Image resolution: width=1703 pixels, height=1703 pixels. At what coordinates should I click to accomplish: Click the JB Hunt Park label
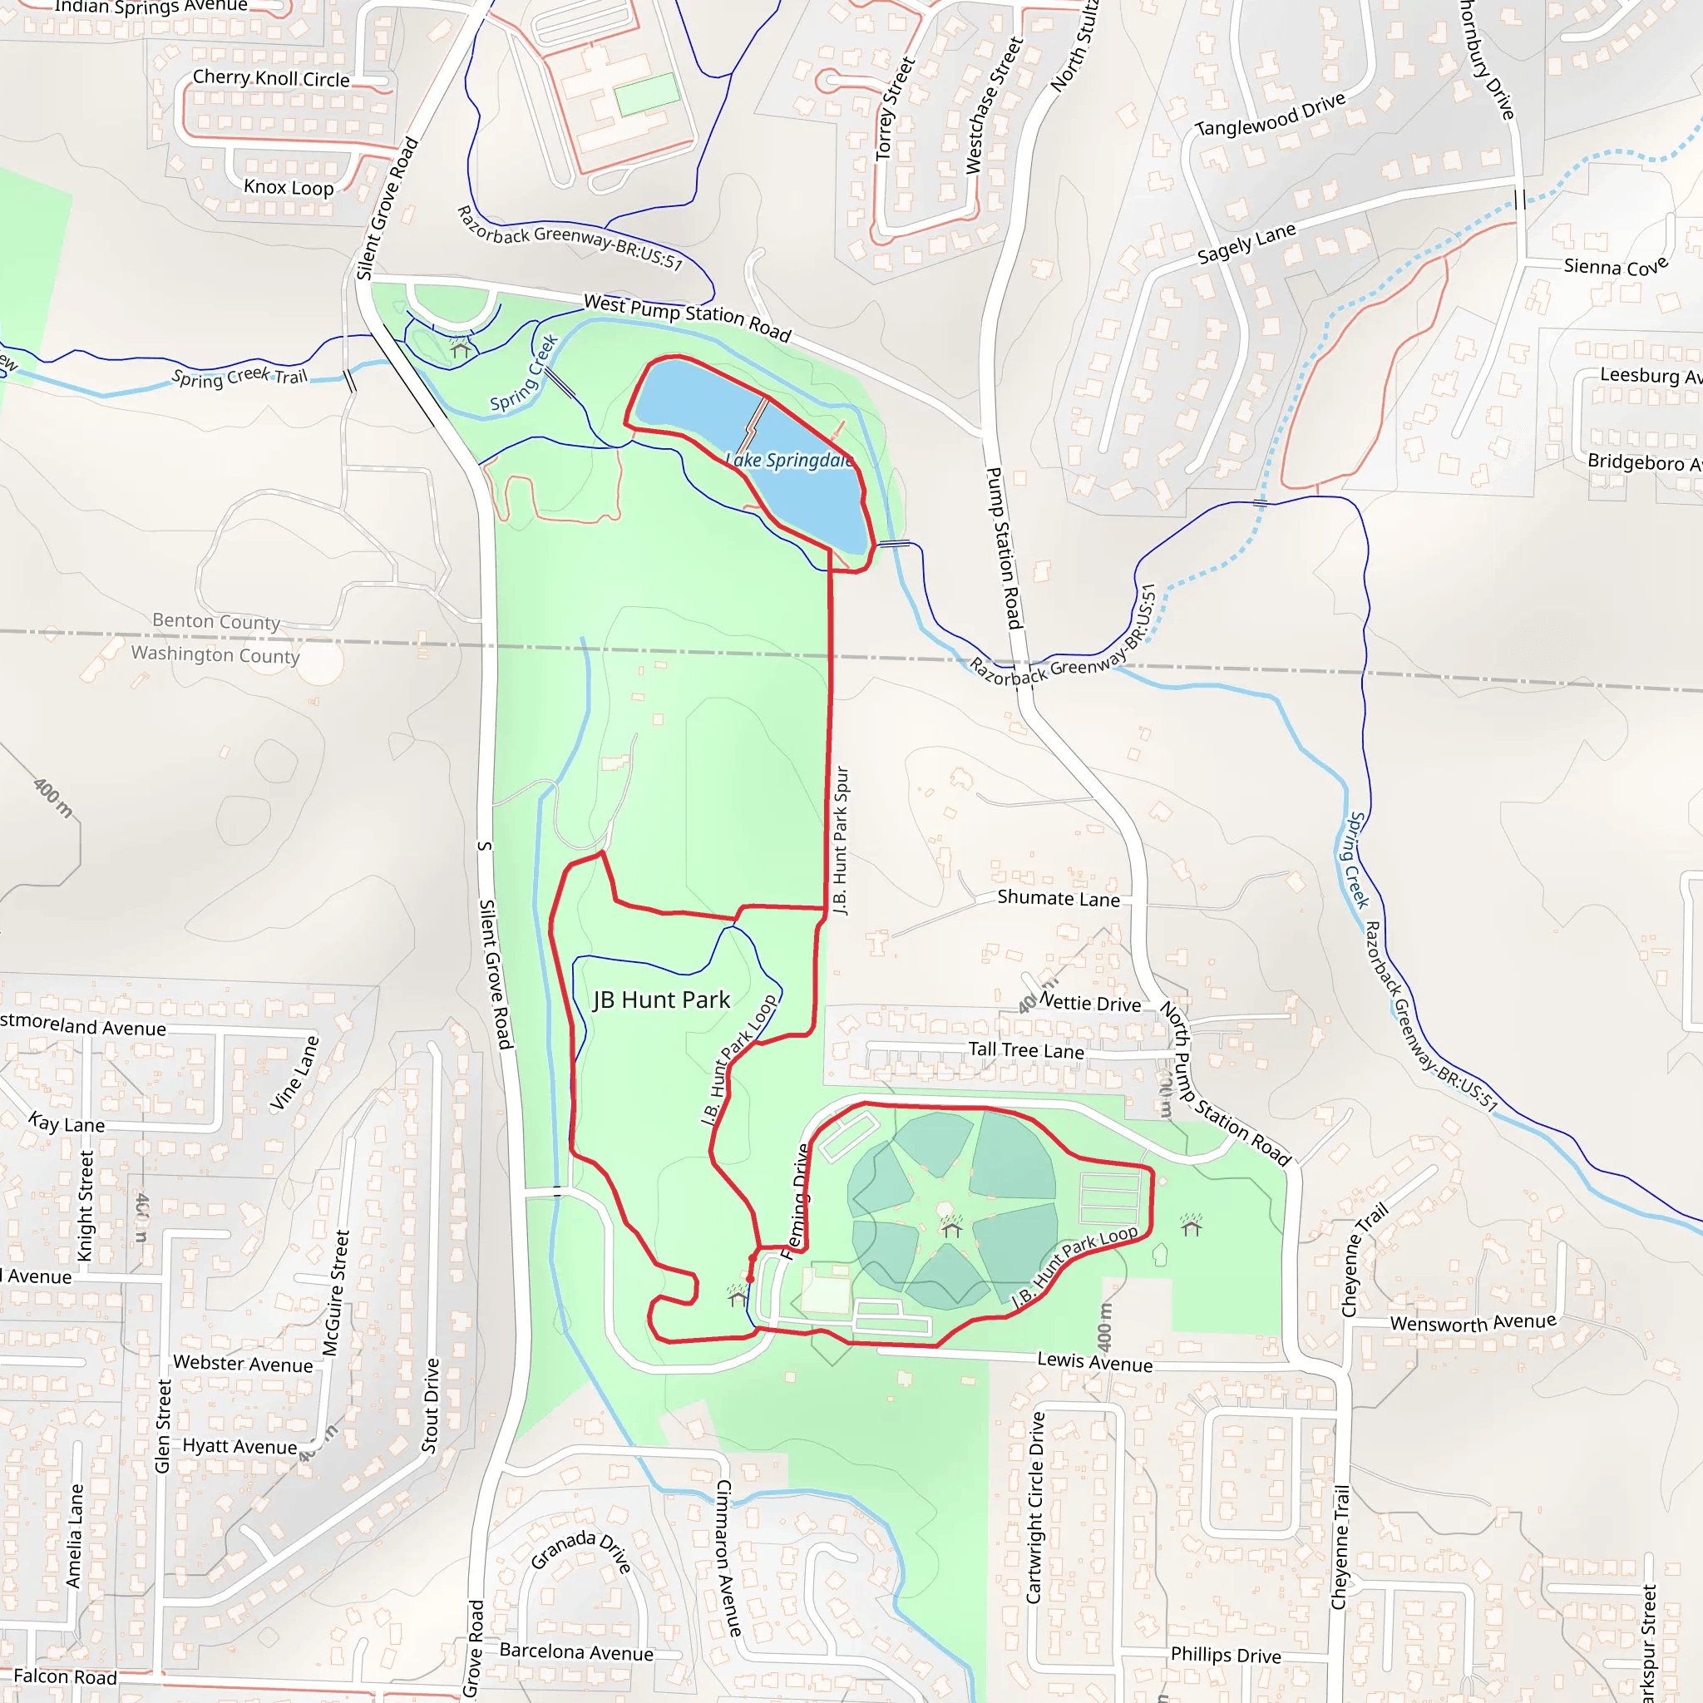[661, 1000]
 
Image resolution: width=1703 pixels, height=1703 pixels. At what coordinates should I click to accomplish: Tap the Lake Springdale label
[789, 460]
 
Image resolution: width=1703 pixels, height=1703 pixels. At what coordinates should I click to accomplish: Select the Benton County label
[216, 621]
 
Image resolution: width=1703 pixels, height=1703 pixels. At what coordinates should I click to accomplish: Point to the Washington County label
[215, 654]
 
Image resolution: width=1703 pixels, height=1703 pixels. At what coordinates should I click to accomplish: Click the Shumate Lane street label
[1059, 898]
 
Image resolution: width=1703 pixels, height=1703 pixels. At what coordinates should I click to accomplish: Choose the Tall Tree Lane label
[1026, 1050]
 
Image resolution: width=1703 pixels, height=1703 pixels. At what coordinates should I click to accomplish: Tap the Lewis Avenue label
[1095, 1362]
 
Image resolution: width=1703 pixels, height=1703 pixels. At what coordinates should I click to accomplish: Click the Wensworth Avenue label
[1473, 1323]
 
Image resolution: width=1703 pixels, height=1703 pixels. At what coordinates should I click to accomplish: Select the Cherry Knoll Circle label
[270, 78]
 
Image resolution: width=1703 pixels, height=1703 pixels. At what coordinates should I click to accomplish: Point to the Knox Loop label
[289, 187]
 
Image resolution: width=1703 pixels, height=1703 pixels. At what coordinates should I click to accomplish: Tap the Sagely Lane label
[1246, 244]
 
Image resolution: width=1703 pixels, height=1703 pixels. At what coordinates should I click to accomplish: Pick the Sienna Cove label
[1616, 266]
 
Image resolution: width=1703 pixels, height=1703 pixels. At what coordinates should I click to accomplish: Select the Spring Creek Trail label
[239, 377]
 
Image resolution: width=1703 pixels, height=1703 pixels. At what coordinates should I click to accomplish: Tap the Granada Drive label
[581, 1552]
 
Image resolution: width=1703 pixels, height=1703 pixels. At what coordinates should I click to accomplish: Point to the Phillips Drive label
[1225, 1656]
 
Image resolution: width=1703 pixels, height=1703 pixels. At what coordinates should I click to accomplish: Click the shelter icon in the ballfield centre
[951, 1227]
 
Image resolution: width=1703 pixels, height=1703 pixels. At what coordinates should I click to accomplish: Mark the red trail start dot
[750, 1279]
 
